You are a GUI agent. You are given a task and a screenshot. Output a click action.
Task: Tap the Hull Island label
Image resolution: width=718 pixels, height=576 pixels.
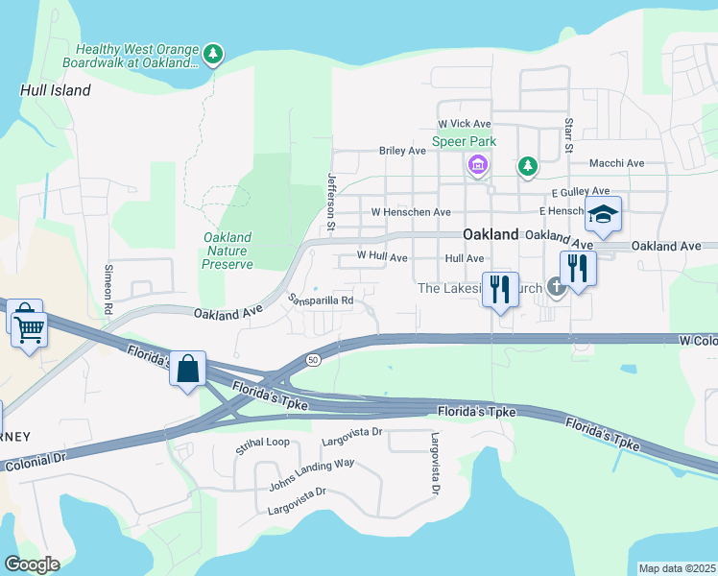pos(55,90)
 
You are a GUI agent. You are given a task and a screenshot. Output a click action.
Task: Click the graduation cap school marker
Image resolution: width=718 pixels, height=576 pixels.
pos(604,214)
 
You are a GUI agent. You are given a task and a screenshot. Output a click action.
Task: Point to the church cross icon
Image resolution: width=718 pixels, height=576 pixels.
pos(555,285)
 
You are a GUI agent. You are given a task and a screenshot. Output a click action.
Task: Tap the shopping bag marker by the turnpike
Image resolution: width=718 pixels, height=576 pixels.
pos(188,368)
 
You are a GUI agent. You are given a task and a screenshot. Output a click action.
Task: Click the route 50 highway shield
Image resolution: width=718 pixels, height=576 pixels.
pos(313,359)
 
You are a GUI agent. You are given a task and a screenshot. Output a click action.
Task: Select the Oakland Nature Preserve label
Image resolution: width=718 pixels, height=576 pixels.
pos(228,251)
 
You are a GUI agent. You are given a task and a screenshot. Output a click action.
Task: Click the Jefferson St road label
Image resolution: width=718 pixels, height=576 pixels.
pos(331,202)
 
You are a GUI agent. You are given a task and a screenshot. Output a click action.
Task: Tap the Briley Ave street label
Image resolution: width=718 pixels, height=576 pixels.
pos(402,151)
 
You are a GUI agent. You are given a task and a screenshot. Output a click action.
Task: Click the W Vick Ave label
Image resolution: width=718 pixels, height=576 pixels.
pos(464,124)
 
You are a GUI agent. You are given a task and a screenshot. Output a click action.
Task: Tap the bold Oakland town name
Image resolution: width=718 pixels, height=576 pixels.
pos(491,234)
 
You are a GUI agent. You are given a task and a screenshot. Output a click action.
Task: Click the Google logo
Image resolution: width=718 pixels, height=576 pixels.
pos(32,564)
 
